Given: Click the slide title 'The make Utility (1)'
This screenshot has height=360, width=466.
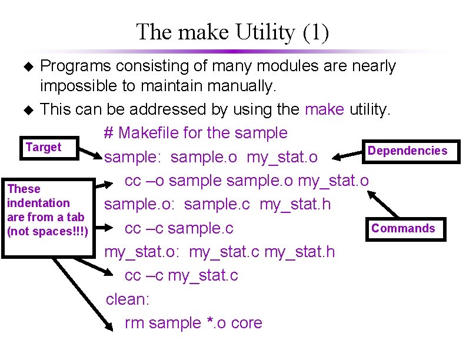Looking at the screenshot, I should click(x=232, y=32).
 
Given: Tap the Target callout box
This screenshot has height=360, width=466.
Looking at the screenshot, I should click(x=44, y=148).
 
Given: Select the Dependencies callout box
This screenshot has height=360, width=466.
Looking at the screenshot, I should click(x=407, y=151).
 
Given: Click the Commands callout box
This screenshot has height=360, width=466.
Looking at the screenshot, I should click(x=403, y=228).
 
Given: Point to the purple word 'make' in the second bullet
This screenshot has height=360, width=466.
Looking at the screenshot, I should click(x=325, y=109).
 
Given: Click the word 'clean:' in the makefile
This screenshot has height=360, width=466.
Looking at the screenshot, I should click(x=128, y=299).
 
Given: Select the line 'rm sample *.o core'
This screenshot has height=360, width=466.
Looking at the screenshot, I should click(x=193, y=323).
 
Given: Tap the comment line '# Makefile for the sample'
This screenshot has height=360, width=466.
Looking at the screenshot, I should click(x=195, y=133).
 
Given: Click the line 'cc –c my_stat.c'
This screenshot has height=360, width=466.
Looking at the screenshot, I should click(x=181, y=275).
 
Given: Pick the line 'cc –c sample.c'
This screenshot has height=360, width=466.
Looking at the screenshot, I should click(x=179, y=228).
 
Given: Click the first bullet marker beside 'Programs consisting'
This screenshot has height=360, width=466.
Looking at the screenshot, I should click(x=26, y=66).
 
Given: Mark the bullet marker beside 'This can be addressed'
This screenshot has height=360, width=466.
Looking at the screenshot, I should click(x=26, y=109).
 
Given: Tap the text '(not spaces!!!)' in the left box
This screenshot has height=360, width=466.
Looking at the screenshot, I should click(x=47, y=231).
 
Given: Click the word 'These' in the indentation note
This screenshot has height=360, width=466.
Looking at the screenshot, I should click(x=24, y=189).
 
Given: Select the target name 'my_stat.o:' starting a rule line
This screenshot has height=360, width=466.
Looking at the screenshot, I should click(x=144, y=252).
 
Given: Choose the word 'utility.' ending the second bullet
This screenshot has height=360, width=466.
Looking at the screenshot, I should click(x=370, y=109).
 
